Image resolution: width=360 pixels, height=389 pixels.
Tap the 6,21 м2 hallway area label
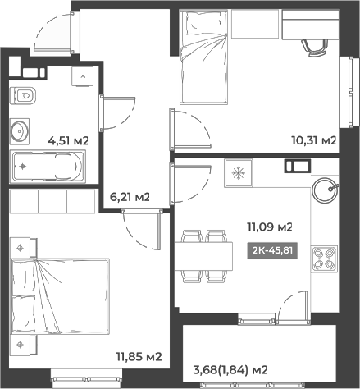coord(130,197)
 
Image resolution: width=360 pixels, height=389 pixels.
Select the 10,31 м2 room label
coord(314,140)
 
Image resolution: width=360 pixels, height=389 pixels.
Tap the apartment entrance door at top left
coord(52,31)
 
